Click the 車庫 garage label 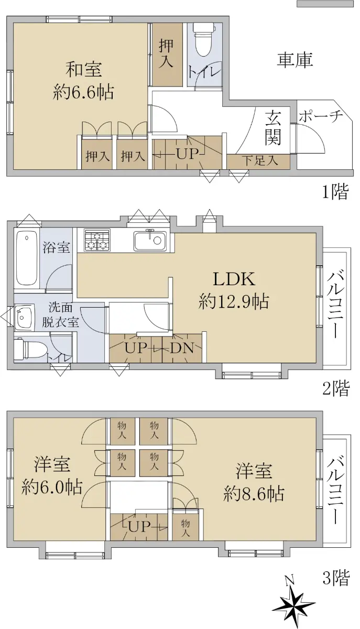point(295,60)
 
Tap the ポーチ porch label point(321,116)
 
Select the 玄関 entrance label point(273,127)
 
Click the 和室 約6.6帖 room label point(84,81)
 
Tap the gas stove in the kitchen point(97,240)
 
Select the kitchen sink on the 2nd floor point(150,240)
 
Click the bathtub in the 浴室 point(27,258)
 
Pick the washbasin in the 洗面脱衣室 point(24,316)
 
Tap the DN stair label point(182,349)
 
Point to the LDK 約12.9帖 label point(234,290)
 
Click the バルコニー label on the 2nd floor point(335,303)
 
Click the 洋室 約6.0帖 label point(52,476)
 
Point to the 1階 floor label point(335,192)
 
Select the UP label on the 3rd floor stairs point(138,527)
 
